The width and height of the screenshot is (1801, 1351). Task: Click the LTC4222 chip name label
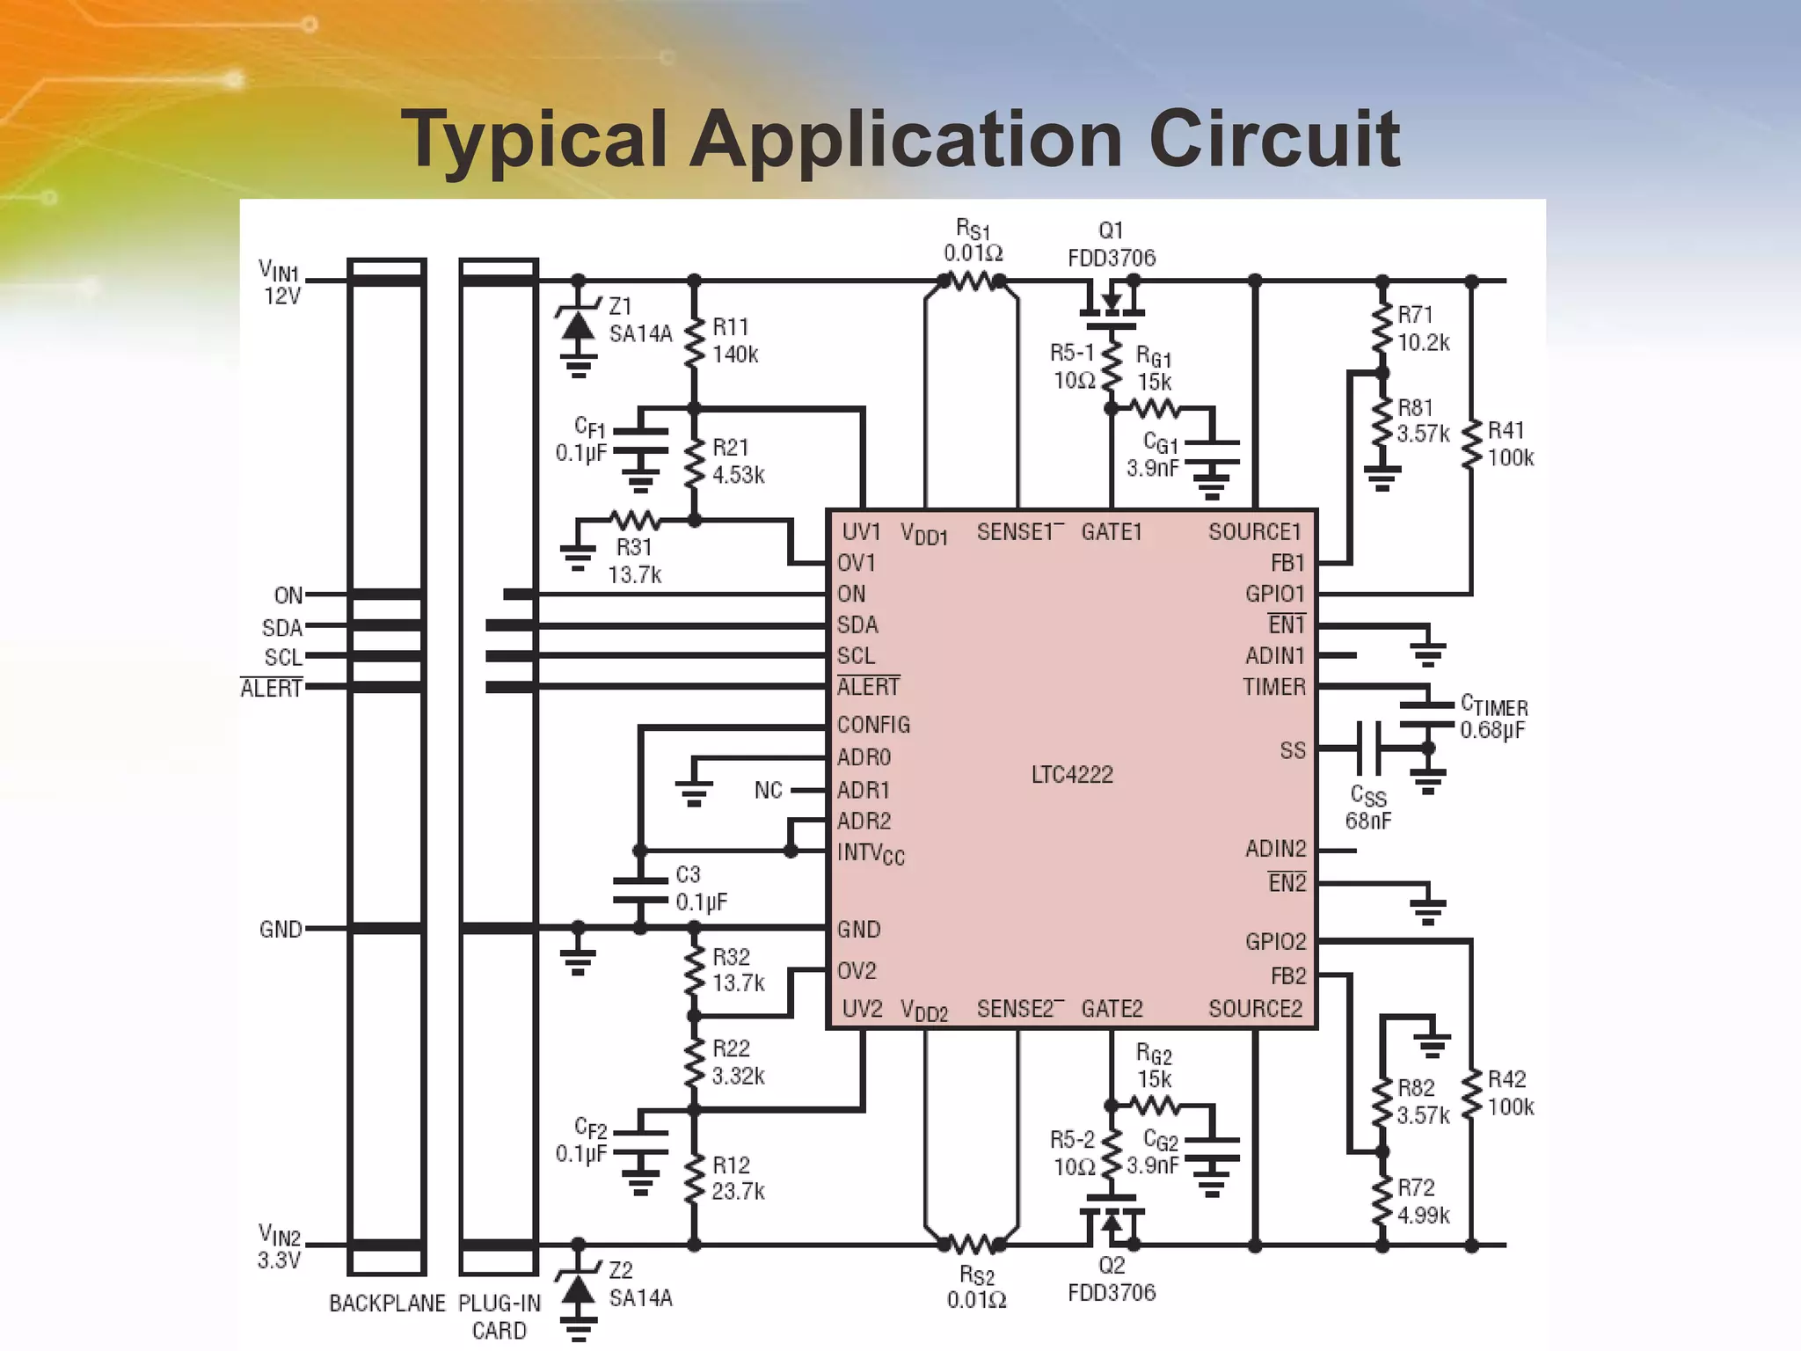coord(1072,775)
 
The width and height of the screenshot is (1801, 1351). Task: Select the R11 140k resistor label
coord(735,341)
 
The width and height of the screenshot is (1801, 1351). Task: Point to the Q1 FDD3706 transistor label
coord(1112,245)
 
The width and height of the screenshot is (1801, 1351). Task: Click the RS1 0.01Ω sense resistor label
coord(973,242)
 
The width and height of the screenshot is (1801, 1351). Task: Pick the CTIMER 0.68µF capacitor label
coord(1493,718)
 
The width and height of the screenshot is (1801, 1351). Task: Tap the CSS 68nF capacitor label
coord(1368,808)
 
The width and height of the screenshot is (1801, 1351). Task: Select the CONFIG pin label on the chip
coord(873,725)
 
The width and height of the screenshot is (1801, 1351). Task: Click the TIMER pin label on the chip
coord(1274,687)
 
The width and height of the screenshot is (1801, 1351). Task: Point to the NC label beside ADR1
coord(768,790)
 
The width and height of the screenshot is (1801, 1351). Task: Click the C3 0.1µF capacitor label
coord(701,888)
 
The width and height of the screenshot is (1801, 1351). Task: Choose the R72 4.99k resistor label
coord(1423,1201)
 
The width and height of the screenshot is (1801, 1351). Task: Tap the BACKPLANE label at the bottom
coord(387,1304)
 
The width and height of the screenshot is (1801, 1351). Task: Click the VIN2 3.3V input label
coord(280,1247)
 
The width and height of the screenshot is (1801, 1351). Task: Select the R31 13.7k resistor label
coord(634,561)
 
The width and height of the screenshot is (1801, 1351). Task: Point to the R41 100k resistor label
coord(1510,444)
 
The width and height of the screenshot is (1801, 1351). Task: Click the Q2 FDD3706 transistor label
coord(1112,1279)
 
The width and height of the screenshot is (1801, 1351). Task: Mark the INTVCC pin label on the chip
coord(870,853)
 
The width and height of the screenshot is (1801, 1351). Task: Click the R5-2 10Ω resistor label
coord(1073,1153)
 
